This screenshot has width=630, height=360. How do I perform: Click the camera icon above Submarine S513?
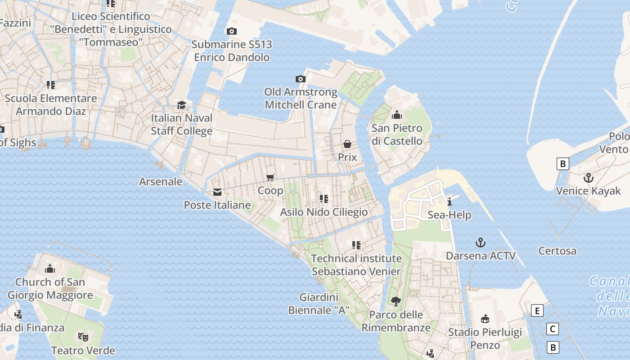click(x=232, y=31)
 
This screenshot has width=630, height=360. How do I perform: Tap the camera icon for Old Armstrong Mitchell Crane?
click(x=301, y=79)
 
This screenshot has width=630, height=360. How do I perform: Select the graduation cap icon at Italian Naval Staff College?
click(x=181, y=105)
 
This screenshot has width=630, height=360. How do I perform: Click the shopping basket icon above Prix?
click(x=347, y=144)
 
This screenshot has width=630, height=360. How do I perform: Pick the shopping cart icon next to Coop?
click(x=270, y=177)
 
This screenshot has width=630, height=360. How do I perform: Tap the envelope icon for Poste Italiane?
click(x=217, y=192)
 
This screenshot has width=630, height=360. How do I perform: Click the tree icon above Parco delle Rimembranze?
click(x=396, y=301)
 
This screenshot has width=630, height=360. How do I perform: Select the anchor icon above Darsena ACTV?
click(x=481, y=243)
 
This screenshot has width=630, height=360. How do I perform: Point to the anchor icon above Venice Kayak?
click(x=588, y=178)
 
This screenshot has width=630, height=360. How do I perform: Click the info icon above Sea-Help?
click(x=449, y=202)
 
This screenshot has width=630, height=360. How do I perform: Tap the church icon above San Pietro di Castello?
click(x=397, y=115)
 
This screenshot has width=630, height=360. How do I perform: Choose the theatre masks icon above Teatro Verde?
click(x=83, y=337)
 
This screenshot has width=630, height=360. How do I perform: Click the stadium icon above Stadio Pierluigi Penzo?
click(x=485, y=319)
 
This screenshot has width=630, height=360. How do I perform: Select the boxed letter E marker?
click(x=537, y=310)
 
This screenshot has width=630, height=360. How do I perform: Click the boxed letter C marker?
click(x=553, y=329)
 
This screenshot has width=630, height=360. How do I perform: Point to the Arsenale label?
click(x=161, y=182)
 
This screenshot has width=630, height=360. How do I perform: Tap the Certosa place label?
click(x=557, y=251)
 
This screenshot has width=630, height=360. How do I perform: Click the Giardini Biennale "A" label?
click(x=319, y=304)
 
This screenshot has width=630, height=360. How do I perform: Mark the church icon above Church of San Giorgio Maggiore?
click(x=50, y=269)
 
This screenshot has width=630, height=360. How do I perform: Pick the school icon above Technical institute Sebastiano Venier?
click(x=356, y=245)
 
